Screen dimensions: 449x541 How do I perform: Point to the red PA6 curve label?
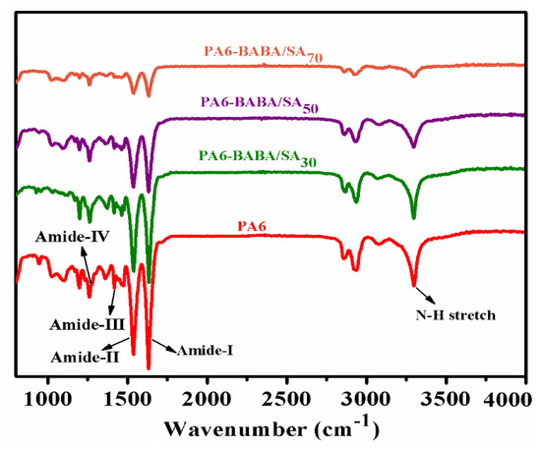[254, 225]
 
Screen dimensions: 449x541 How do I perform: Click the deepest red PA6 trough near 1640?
[149, 367]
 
